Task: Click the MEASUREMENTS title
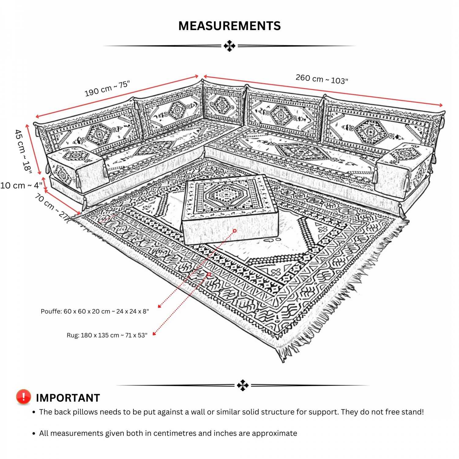[229, 26]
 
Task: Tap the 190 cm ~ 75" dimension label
[107, 88]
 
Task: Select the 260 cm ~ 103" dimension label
[322, 79]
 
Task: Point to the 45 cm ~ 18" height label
[23, 151]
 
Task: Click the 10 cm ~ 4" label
[21, 185]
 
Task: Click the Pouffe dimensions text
[95, 312]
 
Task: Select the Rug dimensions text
[107, 335]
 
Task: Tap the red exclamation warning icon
[24, 397]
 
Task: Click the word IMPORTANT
[68, 398]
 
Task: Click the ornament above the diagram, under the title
[229, 46]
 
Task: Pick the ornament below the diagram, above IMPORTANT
[243, 385]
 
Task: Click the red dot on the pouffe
[235, 231]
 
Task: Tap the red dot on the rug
[209, 274]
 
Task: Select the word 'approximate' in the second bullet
[274, 433]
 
